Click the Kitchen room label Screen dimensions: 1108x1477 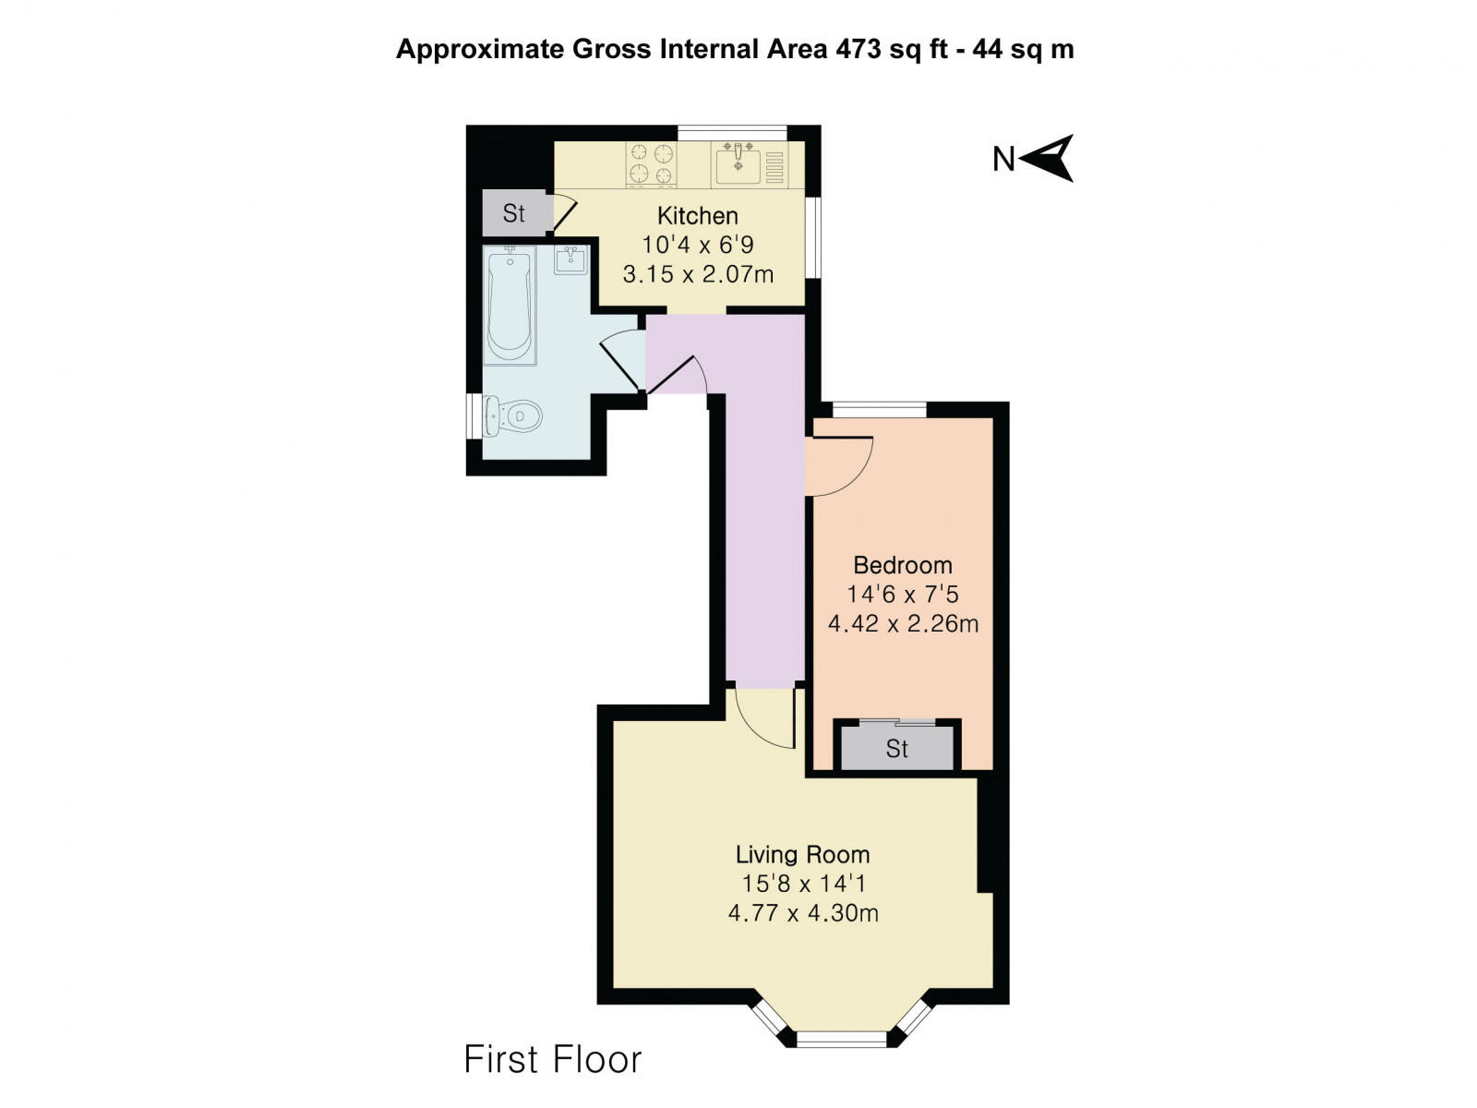[697, 216]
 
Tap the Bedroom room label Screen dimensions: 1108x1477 [902, 565]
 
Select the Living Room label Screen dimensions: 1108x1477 [802, 855]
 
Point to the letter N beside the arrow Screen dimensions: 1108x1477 [1003, 160]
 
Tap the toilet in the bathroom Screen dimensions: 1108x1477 [513, 416]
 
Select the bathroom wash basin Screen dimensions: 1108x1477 [570, 260]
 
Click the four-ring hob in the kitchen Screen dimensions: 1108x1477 [652, 164]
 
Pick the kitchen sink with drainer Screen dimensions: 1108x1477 [750, 164]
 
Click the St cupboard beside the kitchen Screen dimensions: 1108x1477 [514, 213]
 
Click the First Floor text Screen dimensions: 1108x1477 [552, 1059]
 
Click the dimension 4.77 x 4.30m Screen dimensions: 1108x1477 [802, 914]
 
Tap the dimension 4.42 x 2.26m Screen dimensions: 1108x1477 [902, 624]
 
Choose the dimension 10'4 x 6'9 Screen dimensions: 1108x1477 [697, 245]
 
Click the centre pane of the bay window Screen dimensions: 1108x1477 [840, 1039]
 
